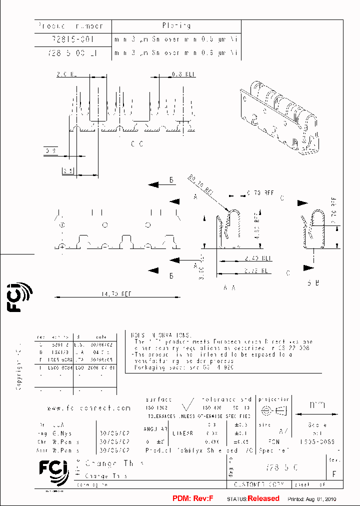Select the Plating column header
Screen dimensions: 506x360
[176, 25]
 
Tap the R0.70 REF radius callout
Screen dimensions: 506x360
[201, 186]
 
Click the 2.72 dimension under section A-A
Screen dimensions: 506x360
[258, 269]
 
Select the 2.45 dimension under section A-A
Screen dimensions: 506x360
[258, 258]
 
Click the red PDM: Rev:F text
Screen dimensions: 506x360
[192, 498]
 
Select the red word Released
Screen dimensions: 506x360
[263, 498]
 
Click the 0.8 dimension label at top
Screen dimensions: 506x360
[183, 74]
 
